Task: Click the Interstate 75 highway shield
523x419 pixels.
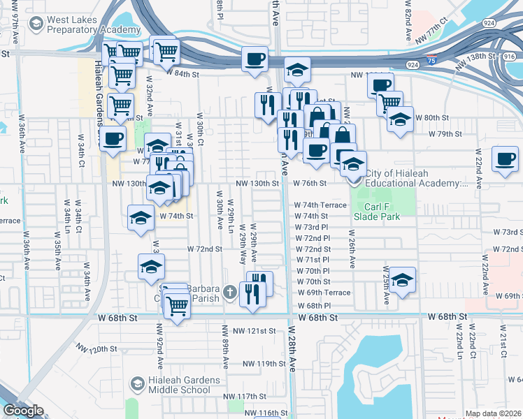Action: coord(434,62)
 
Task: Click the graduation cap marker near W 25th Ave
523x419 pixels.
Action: coord(402,280)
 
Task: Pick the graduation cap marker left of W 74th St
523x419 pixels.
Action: coord(141,217)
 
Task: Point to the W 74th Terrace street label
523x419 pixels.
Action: coord(321,205)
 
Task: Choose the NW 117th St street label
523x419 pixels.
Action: coord(248,396)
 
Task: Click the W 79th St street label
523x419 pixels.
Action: coord(445,133)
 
